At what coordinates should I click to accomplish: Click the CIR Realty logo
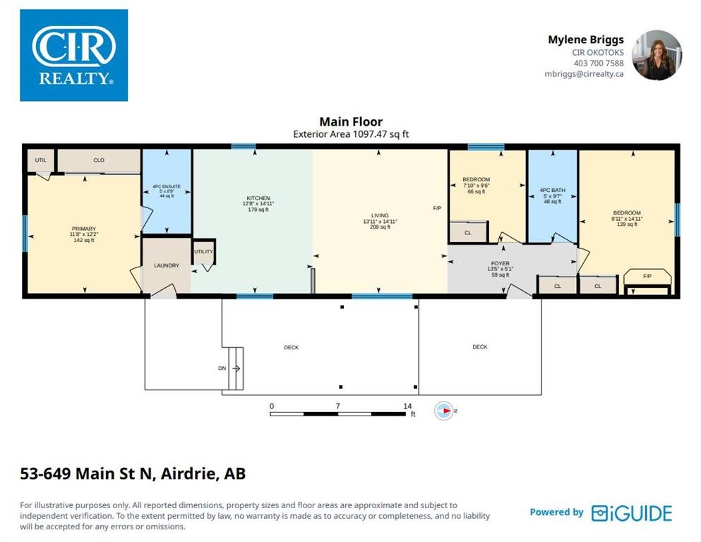73,56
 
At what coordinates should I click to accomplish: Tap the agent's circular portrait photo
657,56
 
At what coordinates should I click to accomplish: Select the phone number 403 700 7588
599,64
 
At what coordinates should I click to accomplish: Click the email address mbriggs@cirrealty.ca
584,74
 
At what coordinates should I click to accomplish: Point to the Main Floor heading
351,121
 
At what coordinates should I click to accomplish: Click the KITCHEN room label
258,198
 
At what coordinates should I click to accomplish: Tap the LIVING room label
380,215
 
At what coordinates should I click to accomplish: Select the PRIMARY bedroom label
83,229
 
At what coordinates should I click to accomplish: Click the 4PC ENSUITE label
167,186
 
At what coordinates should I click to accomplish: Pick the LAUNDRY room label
167,265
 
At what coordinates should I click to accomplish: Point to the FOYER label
501,264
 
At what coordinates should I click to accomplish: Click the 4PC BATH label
553,191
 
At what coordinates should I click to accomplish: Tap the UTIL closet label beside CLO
41,160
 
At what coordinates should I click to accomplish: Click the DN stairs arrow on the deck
236,368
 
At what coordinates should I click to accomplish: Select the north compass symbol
444,411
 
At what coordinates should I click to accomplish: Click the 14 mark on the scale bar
407,406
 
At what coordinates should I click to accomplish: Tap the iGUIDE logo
632,513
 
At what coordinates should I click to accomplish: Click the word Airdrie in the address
187,474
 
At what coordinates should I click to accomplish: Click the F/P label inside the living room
437,208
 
